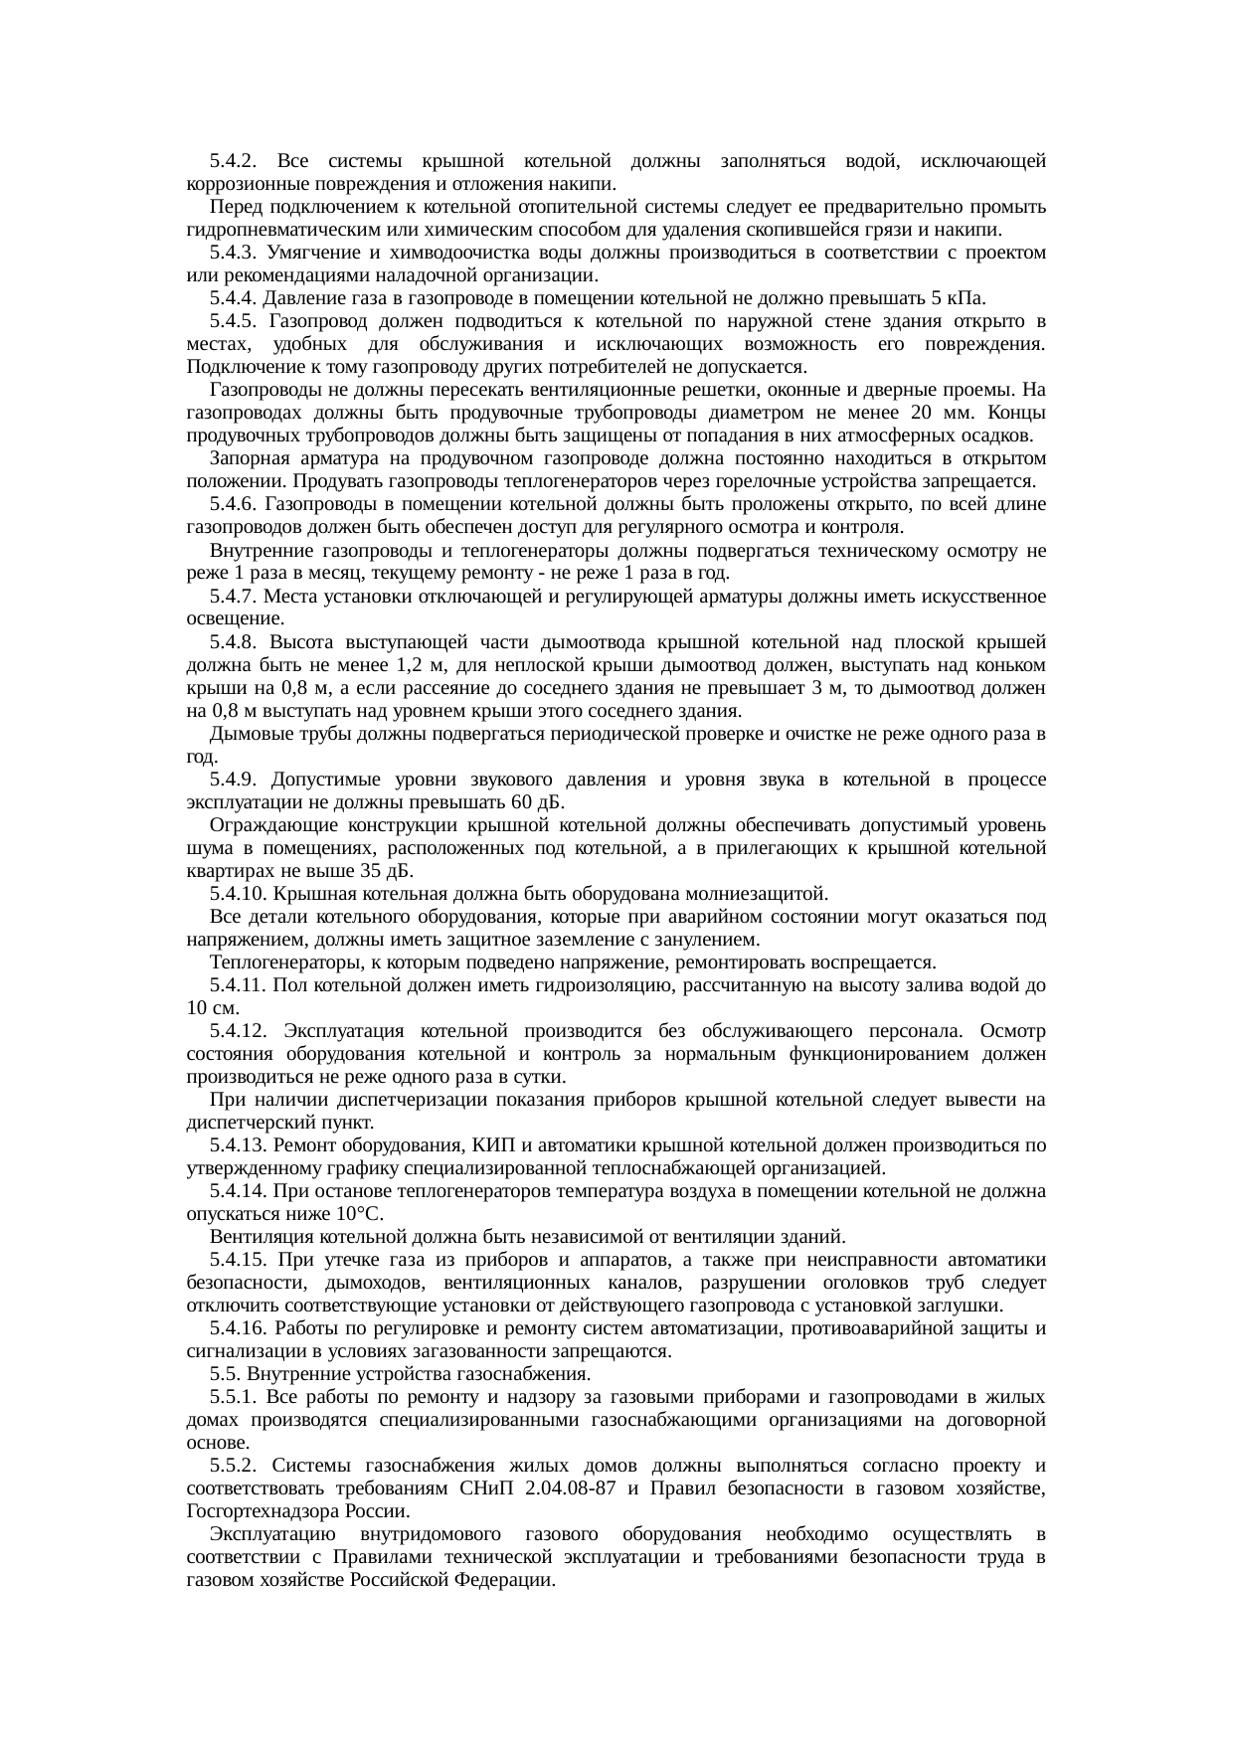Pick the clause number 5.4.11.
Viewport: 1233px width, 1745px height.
click(239, 984)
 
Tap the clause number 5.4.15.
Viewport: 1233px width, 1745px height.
click(239, 1260)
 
